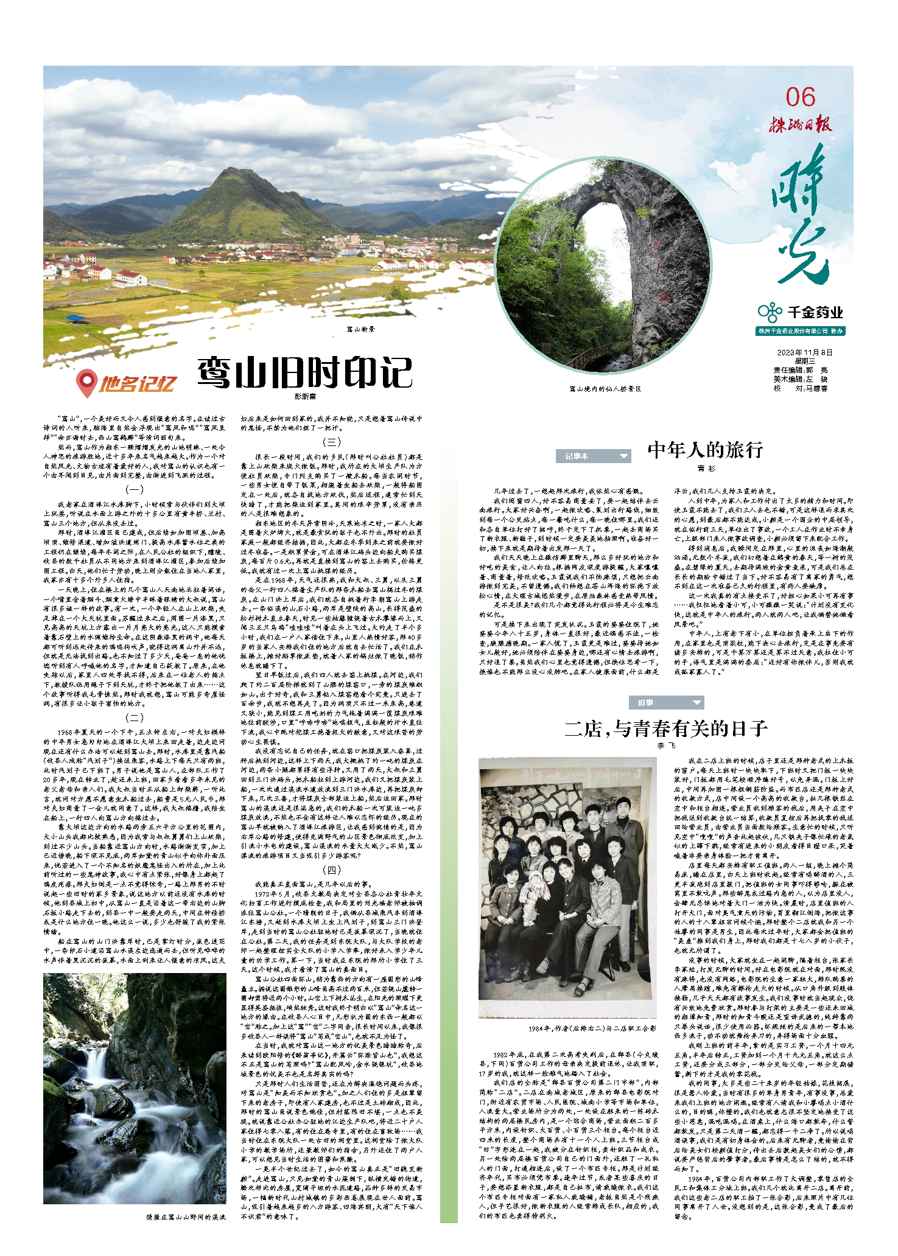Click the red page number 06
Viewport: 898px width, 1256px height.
[800, 97]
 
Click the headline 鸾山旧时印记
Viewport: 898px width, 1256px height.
[305, 373]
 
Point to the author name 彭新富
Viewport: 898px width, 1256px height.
[305, 396]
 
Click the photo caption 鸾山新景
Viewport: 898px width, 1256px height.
[361, 329]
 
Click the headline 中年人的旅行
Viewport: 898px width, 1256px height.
[705, 450]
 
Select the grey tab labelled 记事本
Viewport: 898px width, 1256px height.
[592, 456]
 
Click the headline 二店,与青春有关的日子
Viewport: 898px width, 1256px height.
[666, 728]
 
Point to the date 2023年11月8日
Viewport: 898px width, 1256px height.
[804, 353]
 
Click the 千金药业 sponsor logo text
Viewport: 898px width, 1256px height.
[815, 313]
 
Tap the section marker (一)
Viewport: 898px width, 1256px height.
[134, 489]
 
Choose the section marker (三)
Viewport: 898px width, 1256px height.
[331, 442]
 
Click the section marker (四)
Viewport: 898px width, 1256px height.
[331, 870]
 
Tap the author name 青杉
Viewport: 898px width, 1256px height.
[706, 469]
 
